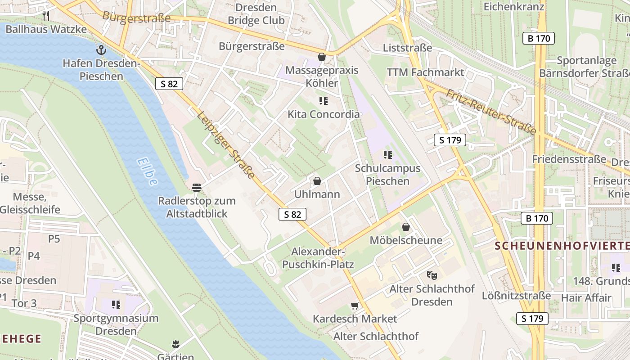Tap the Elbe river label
148,171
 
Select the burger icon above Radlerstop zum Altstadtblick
196,187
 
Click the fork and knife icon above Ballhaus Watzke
45,16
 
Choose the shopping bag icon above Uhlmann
317,181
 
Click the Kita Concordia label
324,114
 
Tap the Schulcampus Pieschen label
387,175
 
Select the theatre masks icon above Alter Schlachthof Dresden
432,274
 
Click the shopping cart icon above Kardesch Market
355,306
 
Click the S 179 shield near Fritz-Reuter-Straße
450,140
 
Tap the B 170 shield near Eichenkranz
538,38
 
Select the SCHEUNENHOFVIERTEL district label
562,246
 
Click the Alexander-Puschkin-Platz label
318,258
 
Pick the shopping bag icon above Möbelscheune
406,227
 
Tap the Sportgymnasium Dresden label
116,324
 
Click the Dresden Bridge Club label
256,14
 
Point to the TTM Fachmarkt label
425,72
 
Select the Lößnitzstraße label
516,296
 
